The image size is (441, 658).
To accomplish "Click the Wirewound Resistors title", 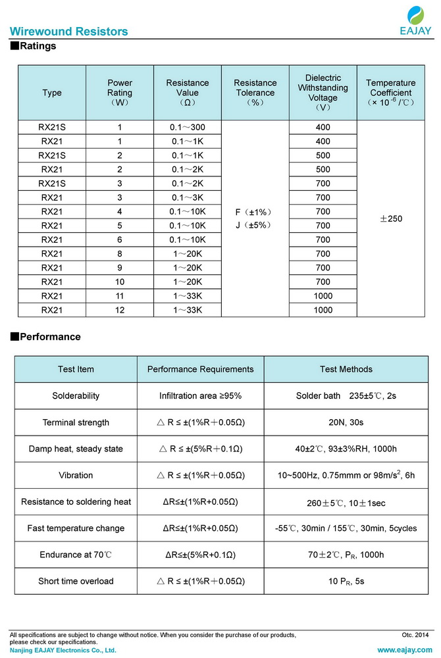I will [x=68, y=32].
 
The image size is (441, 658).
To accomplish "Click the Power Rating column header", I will [x=120, y=93].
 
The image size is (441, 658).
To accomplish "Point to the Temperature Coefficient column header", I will [x=391, y=93].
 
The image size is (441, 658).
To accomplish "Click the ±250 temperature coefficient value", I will [x=391, y=219].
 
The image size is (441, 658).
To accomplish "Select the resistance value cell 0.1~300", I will [x=188, y=127].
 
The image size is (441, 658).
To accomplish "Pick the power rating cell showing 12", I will [x=120, y=310].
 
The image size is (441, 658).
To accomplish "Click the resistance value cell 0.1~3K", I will [x=188, y=197].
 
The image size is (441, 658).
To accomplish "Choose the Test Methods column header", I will [x=346, y=369].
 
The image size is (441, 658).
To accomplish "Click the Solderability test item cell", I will [x=76, y=396].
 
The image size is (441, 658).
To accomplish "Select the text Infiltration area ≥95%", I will [x=200, y=396].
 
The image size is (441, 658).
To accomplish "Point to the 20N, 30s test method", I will [x=346, y=422].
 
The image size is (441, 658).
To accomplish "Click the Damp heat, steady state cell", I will [x=76, y=449].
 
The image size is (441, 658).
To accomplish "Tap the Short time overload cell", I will [x=76, y=581].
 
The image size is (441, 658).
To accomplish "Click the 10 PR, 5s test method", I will [x=346, y=581].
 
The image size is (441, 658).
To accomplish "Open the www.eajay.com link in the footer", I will [x=404, y=649].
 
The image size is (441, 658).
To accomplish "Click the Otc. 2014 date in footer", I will [x=415, y=634].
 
